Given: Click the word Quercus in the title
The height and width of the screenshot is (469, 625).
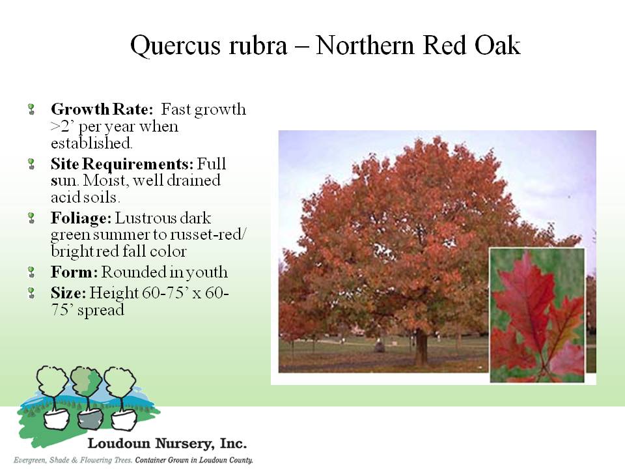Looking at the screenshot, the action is coord(175,46).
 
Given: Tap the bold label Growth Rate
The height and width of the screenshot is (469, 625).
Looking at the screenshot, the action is coord(102,109).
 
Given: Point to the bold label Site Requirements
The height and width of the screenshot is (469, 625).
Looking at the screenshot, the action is coord(122,164).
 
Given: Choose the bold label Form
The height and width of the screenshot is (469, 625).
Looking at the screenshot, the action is coord(74,272).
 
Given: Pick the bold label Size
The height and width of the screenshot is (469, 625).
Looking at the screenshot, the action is coord(68,292).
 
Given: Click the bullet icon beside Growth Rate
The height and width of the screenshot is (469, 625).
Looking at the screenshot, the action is coord(31,109).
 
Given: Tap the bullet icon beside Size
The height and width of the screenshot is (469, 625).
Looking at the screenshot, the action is coord(31,293).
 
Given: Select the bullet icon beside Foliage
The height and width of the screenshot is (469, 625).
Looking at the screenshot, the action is coord(31,218).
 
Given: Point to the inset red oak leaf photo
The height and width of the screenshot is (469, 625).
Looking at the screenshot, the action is coord(537,315).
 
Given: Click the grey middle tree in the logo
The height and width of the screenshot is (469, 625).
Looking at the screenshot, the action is coord(87,399).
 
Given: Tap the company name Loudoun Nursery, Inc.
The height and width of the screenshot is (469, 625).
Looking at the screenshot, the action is coord(167,444).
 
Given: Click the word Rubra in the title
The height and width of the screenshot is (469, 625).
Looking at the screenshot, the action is coord(258,45).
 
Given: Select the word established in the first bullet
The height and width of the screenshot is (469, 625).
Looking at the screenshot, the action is coord(91,143).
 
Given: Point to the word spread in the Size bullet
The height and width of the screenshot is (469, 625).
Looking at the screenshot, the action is coord(101,311).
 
